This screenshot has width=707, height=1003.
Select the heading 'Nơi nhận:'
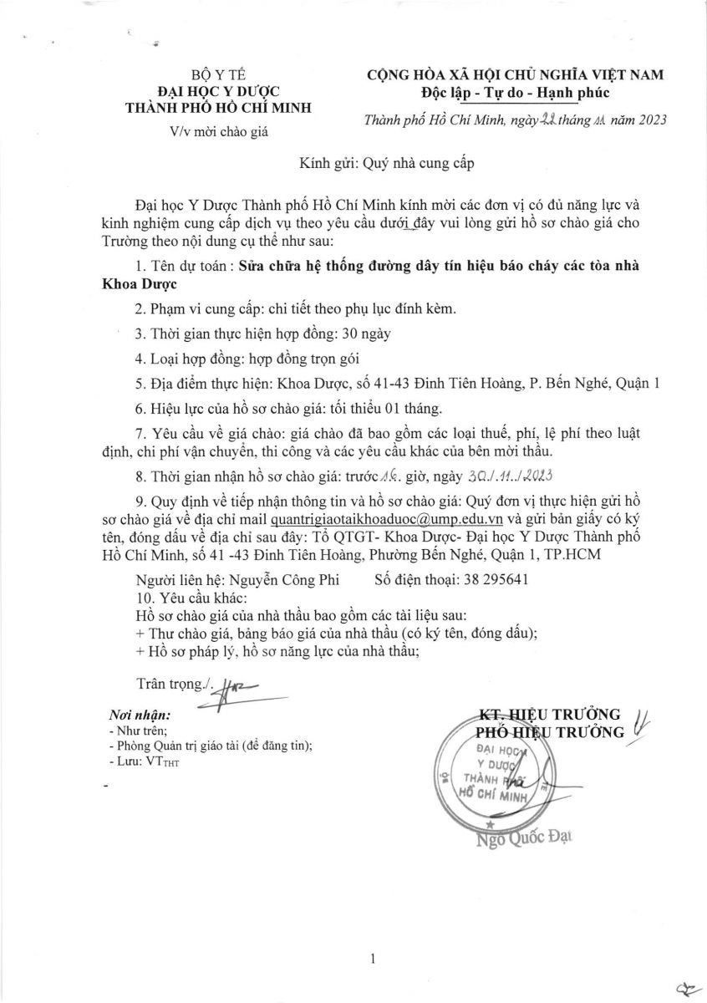pyautogui.click(x=140, y=715)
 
